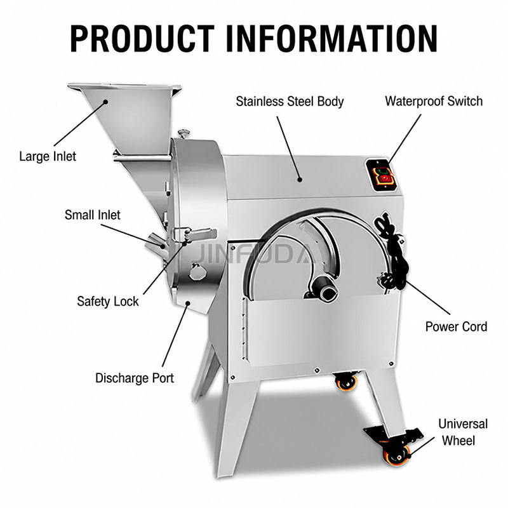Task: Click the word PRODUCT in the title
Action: point(142,39)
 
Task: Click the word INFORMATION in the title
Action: point(331,39)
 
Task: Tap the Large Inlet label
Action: point(48,156)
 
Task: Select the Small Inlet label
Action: point(92,215)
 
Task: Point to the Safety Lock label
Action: point(107,302)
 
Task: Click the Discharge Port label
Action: point(135,378)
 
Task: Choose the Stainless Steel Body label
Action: point(290,102)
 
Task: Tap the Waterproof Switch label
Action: point(434,101)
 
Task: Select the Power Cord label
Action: point(456,326)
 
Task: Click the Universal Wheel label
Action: point(463,432)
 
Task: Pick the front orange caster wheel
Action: point(396,455)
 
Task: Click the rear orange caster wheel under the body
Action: point(346,382)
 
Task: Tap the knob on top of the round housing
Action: point(184,133)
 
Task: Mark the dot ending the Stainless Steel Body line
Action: point(300,179)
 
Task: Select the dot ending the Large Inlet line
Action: point(105,102)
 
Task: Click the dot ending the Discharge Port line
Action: point(187,303)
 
